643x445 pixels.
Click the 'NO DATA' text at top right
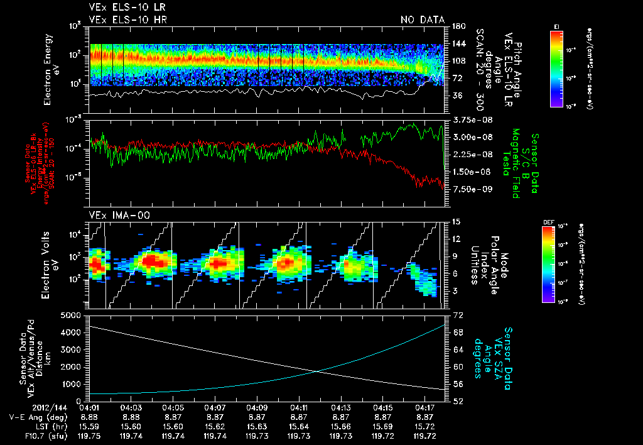(423, 19)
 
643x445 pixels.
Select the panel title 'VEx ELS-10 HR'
(123, 19)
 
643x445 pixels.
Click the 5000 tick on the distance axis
(71, 314)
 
